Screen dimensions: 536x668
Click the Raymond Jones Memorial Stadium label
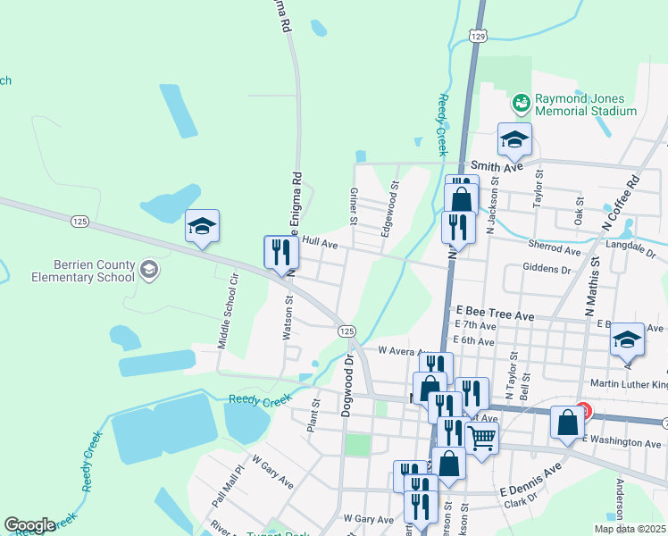point(585,105)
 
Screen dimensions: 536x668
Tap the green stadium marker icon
point(521,105)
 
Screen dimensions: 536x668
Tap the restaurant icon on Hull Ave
point(279,252)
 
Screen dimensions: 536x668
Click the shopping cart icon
point(481,439)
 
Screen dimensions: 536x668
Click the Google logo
point(29,525)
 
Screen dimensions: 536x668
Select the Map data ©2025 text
point(630,529)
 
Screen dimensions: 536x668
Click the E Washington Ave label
point(622,442)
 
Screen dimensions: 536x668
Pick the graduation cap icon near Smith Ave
point(514,139)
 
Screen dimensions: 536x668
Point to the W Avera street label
point(397,350)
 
